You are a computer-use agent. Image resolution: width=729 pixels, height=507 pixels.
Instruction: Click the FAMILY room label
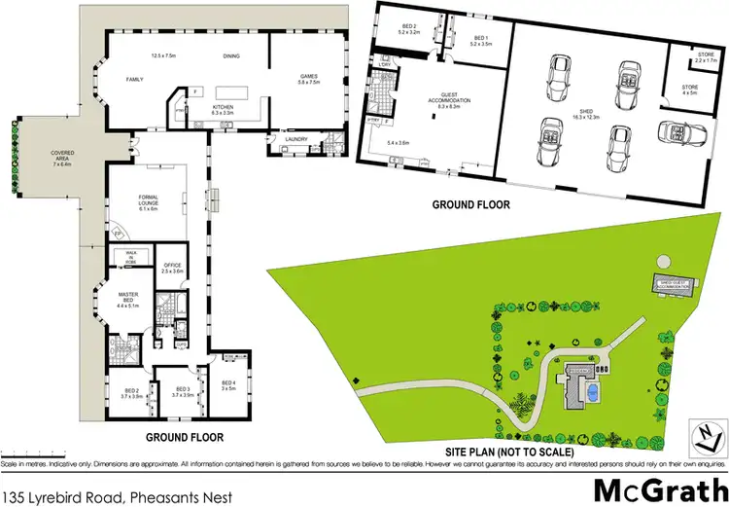tap(134, 79)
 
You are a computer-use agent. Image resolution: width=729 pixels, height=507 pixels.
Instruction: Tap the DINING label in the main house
tap(230, 56)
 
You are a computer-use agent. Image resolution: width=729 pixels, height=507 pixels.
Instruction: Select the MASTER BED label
tap(129, 298)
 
